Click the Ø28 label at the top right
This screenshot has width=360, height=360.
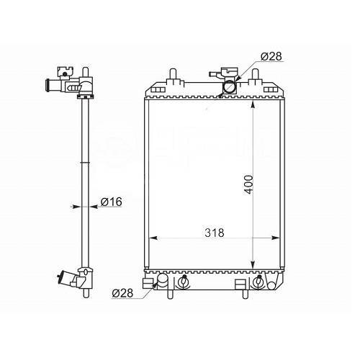click(271, 56)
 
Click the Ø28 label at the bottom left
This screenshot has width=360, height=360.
click(122, 293)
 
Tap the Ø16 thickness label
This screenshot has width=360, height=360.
click(112, 202)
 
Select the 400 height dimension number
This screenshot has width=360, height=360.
click(248, 184)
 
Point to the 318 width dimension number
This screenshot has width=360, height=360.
click(215, 233)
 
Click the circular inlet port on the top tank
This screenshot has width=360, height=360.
click(230, 87)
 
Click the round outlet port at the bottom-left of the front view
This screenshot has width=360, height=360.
click(163, 280)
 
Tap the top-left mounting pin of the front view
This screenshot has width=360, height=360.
click(174, 74)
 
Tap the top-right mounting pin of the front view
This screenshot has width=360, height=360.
click(256, 74)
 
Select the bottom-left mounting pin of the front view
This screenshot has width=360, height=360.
click(170, 294)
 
